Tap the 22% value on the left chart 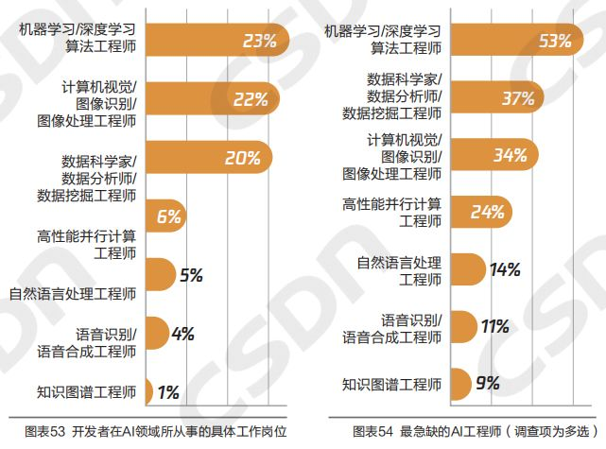(x=251, y=99)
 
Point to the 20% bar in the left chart (x=208, y=158)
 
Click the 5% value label (x=191, y=276)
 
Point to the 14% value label (x=506, y=269)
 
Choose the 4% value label (x=182, y=333)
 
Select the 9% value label (x=488, y=384)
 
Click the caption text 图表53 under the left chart (x=41, y=431)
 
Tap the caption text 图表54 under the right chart (x=370, y=431)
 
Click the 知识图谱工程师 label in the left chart (x=87, y=390)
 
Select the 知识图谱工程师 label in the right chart (x=391, y=384)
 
